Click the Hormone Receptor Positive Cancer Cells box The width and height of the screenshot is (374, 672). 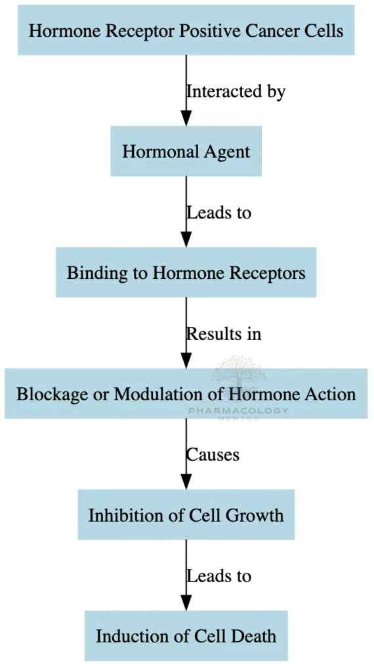pyautogui.click(x=186, y=30)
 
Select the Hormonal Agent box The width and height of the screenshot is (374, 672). pyautogui.click(x=186, y=152)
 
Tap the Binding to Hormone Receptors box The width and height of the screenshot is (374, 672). pyautogui.click(x=186, y=272)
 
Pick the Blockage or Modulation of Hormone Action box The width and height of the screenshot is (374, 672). pyautogui.click(x=186, y=394)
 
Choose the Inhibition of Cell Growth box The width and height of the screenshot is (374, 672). pyautogui.click(x=186, y=514)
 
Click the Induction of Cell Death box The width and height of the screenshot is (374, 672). pyautogui.click(x=186, y=635)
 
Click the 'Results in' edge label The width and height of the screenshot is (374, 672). pyautogui.click(x=224, y=333)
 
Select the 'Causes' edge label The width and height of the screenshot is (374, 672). pyautogui.click(x=213, y=454)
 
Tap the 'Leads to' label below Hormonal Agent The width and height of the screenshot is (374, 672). pyautogui.click(x=218, y=213)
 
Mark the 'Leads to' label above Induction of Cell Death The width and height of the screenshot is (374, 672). pyautogui.click(x=218, y=576)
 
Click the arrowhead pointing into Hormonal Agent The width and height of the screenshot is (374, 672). pyautogui.click(x=186, y=118)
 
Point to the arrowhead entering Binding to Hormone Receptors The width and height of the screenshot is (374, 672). pyautogui.click(x=186, y=239)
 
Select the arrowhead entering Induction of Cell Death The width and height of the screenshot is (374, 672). pyautogui.click(x=186, y=602)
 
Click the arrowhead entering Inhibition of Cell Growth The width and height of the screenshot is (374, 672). pyautogui.click(x=186, y=481)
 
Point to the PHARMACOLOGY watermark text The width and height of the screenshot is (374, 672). pyautogui.click(x=238, y=411)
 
